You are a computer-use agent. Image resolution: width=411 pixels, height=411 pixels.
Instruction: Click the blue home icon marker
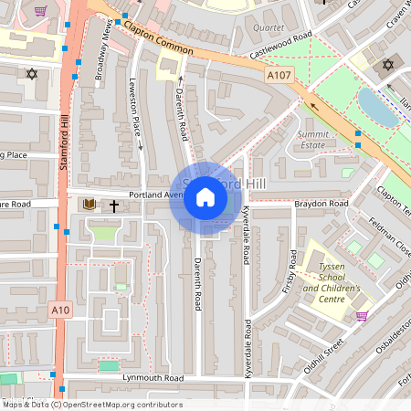pyautogui.click(x=205, y=197)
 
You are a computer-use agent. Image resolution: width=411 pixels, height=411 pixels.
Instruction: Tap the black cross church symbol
pyautogui.click(x=115, y=205)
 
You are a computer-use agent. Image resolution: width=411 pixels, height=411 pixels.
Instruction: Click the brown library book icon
pyautogui.click(x=90, y=205)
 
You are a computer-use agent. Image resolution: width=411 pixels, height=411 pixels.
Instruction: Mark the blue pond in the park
pyautogui.click(x=375, y=109)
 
